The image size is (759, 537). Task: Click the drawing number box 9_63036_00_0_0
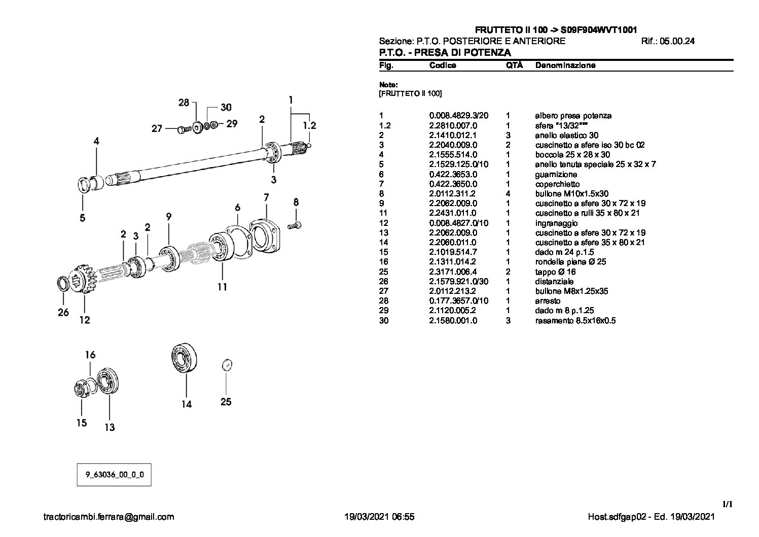click(x=114, y=475)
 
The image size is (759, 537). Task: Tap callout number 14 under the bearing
click(x=187, y=404)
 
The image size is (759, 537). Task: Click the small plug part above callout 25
click(x=227, y=364)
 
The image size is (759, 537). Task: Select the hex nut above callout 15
click(x=81, y=389)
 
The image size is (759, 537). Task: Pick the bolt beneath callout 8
click(x=295, y=224)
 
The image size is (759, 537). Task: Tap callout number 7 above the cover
click(x=266, y=197)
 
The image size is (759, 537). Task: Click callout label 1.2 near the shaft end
click(x=309, y=125)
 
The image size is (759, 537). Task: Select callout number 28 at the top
click(x=183, y=103)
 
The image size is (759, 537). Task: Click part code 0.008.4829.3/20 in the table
click(x=458, y=116)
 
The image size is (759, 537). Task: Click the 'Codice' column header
click(x=442, y=65)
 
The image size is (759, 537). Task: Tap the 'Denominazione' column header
click(x=565, y=65)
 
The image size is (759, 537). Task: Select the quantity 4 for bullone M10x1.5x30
click(x=508, y=193)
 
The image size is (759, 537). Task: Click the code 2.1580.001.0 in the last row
click(x=453, y=321)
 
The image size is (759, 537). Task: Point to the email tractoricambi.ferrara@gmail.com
click(x=109, y=517)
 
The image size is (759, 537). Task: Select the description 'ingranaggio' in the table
click(x=556, y=223)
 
